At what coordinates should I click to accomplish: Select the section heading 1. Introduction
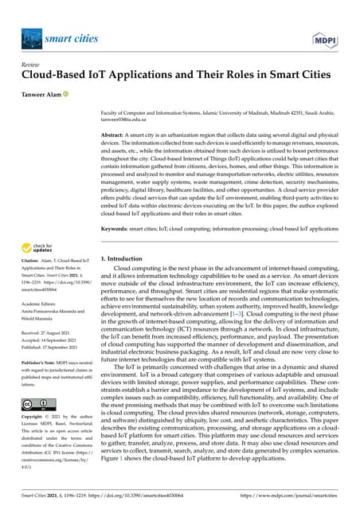point(129,259)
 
